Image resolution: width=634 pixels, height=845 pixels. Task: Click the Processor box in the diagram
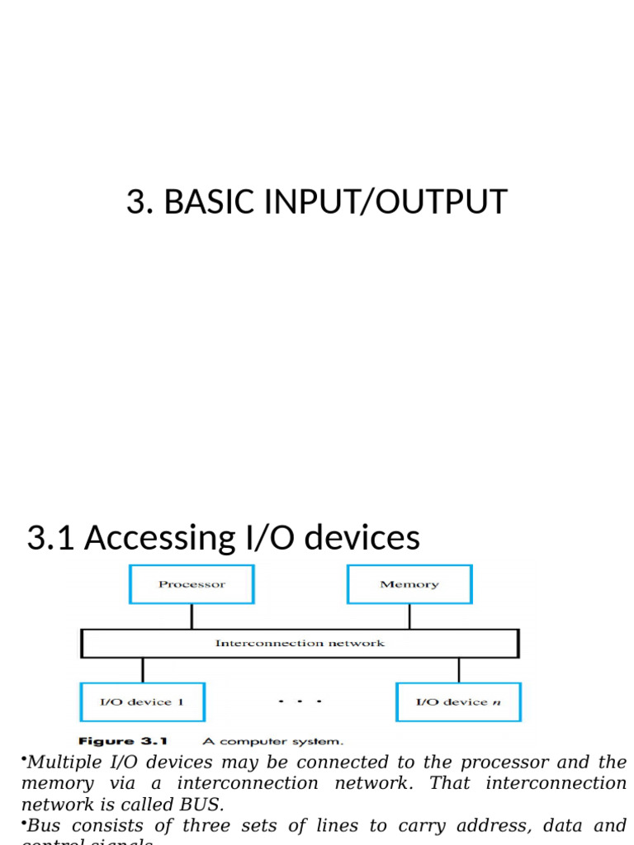tap(192, 584)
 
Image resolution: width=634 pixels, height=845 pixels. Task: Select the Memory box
tap(409, 584)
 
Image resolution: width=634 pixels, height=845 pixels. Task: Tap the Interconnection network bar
tap(299, 643)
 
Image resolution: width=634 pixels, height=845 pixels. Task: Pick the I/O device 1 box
tap(142, 702)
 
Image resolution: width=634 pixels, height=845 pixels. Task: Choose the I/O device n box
tap(458, 702)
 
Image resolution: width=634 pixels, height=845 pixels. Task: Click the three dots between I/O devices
tap(300, 702)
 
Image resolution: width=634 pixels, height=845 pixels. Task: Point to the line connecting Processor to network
tap(192, 616)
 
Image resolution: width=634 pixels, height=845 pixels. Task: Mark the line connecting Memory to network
tap(409, 616)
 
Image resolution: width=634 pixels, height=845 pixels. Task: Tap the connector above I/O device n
tap(458, 670)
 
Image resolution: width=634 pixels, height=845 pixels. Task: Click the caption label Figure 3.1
tap(123, 741)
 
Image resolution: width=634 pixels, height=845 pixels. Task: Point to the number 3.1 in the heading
tap(51, 538)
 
